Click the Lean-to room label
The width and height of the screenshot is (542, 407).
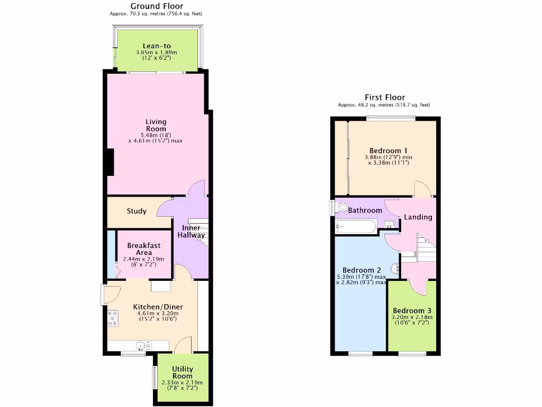tap(156, 46)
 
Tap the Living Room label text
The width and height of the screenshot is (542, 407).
tap(156, 126)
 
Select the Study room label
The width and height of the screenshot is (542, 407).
tap(137, 211)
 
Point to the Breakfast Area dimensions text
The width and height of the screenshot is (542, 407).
tap(143, 262)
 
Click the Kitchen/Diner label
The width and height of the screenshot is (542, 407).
tap(151, 307)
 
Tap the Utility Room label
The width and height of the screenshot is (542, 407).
tap(183, 373)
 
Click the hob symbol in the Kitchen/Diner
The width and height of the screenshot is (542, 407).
tap(113, 318)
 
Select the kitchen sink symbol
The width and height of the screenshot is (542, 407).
tap(141, 346)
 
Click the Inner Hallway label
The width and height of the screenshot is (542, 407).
tap(188, 232)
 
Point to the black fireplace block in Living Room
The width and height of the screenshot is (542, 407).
tap(110, 162)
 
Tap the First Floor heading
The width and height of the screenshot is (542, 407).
tap(385, 98)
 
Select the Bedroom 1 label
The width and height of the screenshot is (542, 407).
tap(385, 151)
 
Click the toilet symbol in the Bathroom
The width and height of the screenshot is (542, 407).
tap(341, 207)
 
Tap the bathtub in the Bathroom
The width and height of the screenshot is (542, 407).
tap(356, 227)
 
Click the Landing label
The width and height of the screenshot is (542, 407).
tap(418, 217)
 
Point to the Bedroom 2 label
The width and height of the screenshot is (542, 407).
tap(358, 270)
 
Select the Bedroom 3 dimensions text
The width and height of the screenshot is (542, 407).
tap(412, 320)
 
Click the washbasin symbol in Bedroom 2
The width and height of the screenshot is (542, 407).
tap(395, 269)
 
